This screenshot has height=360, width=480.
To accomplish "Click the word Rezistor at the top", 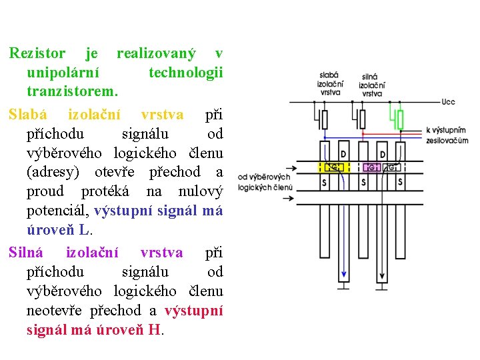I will [x=37, y=53].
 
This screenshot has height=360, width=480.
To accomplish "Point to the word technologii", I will [x=186, y=71].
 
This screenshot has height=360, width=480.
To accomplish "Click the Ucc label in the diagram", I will [x=448, y=103].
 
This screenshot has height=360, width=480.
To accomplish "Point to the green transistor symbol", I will [x=399, y=119].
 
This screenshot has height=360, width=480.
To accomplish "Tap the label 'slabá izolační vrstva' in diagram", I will [x=329, y=84].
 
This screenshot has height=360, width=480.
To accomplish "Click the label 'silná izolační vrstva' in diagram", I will [x=371, y=85].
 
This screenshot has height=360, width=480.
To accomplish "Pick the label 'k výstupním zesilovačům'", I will [x=447, y=135].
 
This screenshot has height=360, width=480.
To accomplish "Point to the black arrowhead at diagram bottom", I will [x=381, y=277].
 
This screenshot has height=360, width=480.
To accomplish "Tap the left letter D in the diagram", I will [x=324, y=154].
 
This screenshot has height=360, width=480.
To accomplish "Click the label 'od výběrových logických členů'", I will [x=265, y=182].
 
